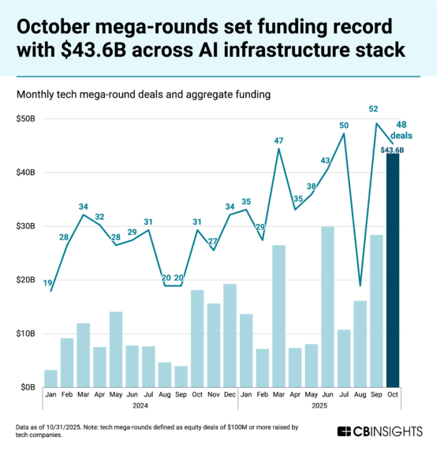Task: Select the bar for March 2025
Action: point(278,315)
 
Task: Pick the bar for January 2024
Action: point(50,378)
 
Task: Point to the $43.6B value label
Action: point(392,149)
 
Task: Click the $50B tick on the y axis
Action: point(26,118)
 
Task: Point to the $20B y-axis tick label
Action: point(26,280)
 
